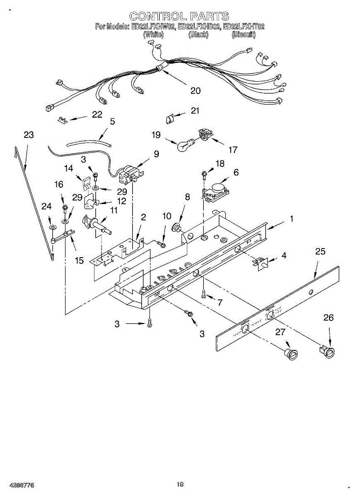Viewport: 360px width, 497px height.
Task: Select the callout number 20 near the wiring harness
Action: pyautogui.click(x=196, y=91)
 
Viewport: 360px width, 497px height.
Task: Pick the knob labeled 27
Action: pyautogui.click(x=291, y=355)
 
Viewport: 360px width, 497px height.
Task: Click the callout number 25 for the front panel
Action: pyautogui.click(x=320, y=251)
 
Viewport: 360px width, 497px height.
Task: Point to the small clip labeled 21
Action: pyautogui.click(x=169, y=119)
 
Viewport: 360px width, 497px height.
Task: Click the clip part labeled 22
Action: pyautogui.click(x=62, y=120)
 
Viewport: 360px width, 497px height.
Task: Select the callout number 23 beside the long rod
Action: pyautogui.click(x=29, y=135)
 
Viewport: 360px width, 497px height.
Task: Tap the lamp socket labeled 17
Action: pyautogui.click(x=205, y=134)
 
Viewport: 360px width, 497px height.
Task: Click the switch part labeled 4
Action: pyautogui.click(x=261, y=263)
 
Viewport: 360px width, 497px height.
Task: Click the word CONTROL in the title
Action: pyautogui.click(x=157, y=17)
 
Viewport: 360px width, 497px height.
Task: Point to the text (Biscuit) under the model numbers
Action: pyautogui.click(x=244, y=35)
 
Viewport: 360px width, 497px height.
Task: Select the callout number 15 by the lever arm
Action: pyautogui.click(x=79, y=261)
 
